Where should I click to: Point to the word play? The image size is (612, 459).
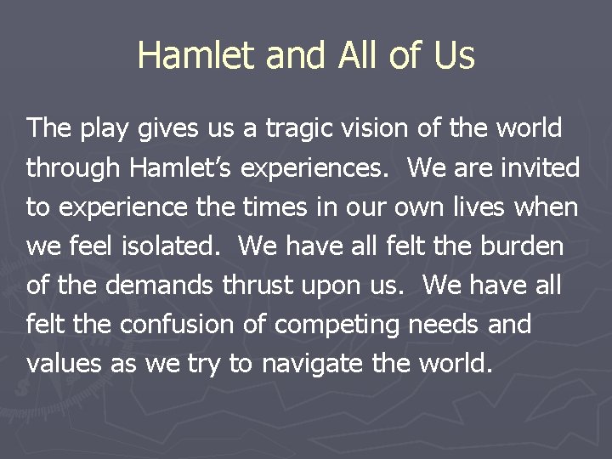pyautogui.click(x=103, y=129)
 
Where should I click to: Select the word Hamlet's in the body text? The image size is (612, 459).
pyautogui.click(x=182, y=168)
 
